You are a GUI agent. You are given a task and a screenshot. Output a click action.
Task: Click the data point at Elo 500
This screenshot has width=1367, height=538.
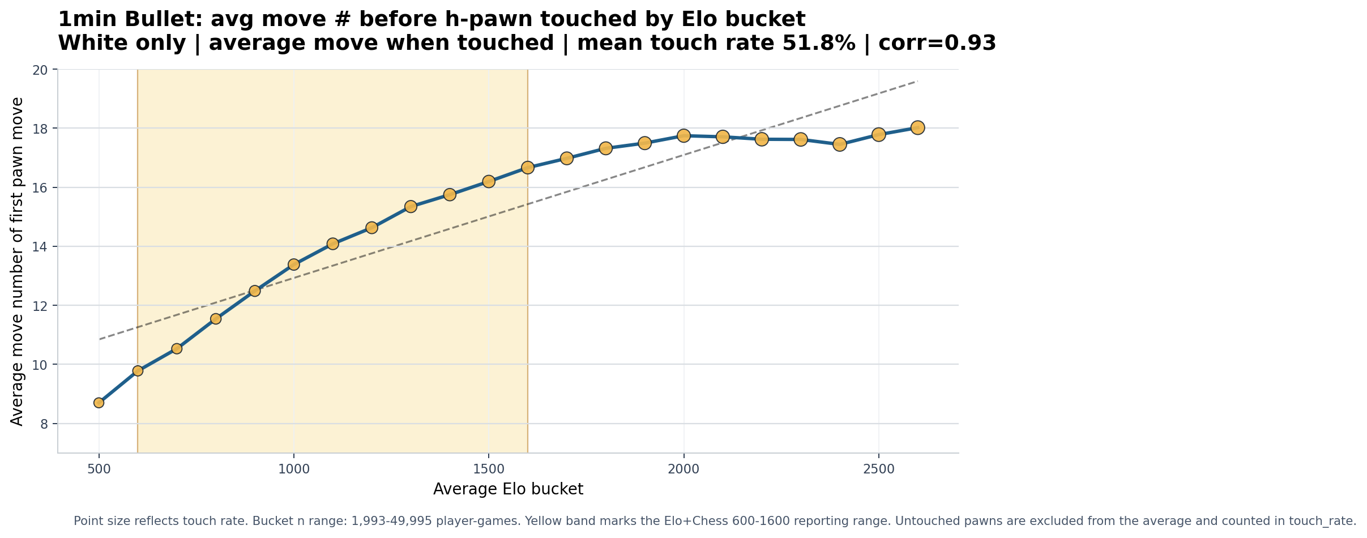99,403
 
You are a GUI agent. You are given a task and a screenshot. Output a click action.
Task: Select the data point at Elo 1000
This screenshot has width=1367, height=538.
294,264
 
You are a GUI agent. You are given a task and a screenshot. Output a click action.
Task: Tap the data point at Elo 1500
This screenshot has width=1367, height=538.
489,181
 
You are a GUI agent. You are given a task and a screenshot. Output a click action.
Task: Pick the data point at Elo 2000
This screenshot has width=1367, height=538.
684,135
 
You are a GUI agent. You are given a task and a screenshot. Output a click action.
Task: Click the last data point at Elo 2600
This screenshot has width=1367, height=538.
918,127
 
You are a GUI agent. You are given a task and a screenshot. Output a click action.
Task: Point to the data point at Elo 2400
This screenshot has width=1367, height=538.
840,144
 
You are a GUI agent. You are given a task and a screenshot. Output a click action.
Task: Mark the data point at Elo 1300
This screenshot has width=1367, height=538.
411,206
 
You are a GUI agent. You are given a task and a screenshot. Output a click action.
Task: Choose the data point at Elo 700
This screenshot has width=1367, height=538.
177,348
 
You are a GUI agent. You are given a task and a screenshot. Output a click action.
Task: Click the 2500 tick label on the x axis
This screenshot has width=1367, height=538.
879,469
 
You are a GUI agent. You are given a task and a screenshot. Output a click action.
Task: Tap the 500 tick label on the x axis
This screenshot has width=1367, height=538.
99,469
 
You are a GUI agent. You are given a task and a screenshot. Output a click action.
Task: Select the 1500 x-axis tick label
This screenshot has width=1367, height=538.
489,469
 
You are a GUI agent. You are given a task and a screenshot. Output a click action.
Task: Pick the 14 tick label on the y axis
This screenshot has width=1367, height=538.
41,246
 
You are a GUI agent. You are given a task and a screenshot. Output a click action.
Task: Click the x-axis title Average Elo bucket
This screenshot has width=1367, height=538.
508,489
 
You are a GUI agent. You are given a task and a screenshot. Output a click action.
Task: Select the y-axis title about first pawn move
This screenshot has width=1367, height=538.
18,261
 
